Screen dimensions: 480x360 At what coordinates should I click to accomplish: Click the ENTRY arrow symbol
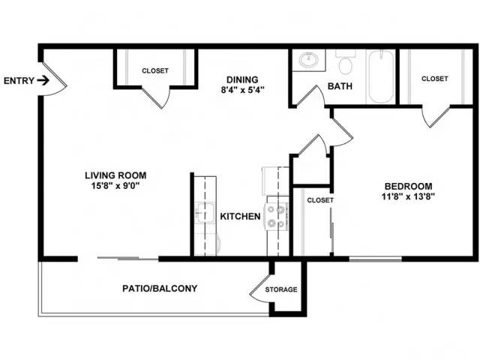pos(43,81)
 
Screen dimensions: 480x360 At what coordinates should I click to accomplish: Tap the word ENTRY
pos(19,81)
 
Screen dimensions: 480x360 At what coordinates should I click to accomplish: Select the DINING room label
pos(242,80)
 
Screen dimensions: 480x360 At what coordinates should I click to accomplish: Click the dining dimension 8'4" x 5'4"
pos(242,90)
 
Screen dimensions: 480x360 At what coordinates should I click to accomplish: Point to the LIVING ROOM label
pos(115,175)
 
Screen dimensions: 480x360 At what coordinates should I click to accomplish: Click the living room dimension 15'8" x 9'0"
pos(115,185)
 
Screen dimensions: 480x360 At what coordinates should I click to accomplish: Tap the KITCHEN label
pos(240,217)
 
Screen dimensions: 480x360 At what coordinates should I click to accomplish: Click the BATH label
pos(340,86)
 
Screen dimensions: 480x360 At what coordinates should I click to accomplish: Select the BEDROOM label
pos(408,186)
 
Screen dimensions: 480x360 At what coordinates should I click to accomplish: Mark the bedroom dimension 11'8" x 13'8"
pos(408,196)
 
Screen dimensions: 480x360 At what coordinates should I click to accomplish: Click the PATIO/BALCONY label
pos(160,288)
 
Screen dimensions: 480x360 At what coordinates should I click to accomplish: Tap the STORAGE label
pos(281,289)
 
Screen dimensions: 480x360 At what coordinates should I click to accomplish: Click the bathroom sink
pos(308,60)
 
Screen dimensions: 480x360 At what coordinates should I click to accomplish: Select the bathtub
pos(381,76)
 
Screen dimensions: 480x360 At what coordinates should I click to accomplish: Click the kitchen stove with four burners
pos(277,216)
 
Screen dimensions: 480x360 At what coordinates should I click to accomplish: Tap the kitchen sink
pos(204,213)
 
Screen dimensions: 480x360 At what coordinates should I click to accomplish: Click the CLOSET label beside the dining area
pos(155,70)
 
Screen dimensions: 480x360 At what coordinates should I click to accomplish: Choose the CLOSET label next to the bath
pos(435,79)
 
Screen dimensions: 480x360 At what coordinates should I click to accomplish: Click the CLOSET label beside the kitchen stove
pos(320,200)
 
